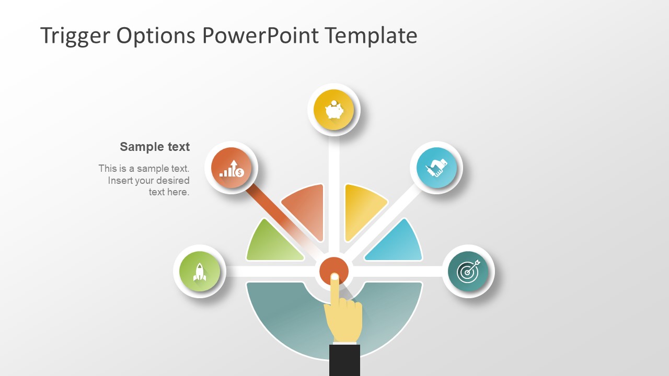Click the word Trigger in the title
75,36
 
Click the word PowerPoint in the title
259,36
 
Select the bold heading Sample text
155,147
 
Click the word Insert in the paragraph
120,181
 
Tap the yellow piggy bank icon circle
333,110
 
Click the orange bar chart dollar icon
231,168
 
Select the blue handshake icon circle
436,168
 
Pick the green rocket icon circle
199,272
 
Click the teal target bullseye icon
468,272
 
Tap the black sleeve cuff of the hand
344,360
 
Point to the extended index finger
334,290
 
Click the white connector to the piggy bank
334,167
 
